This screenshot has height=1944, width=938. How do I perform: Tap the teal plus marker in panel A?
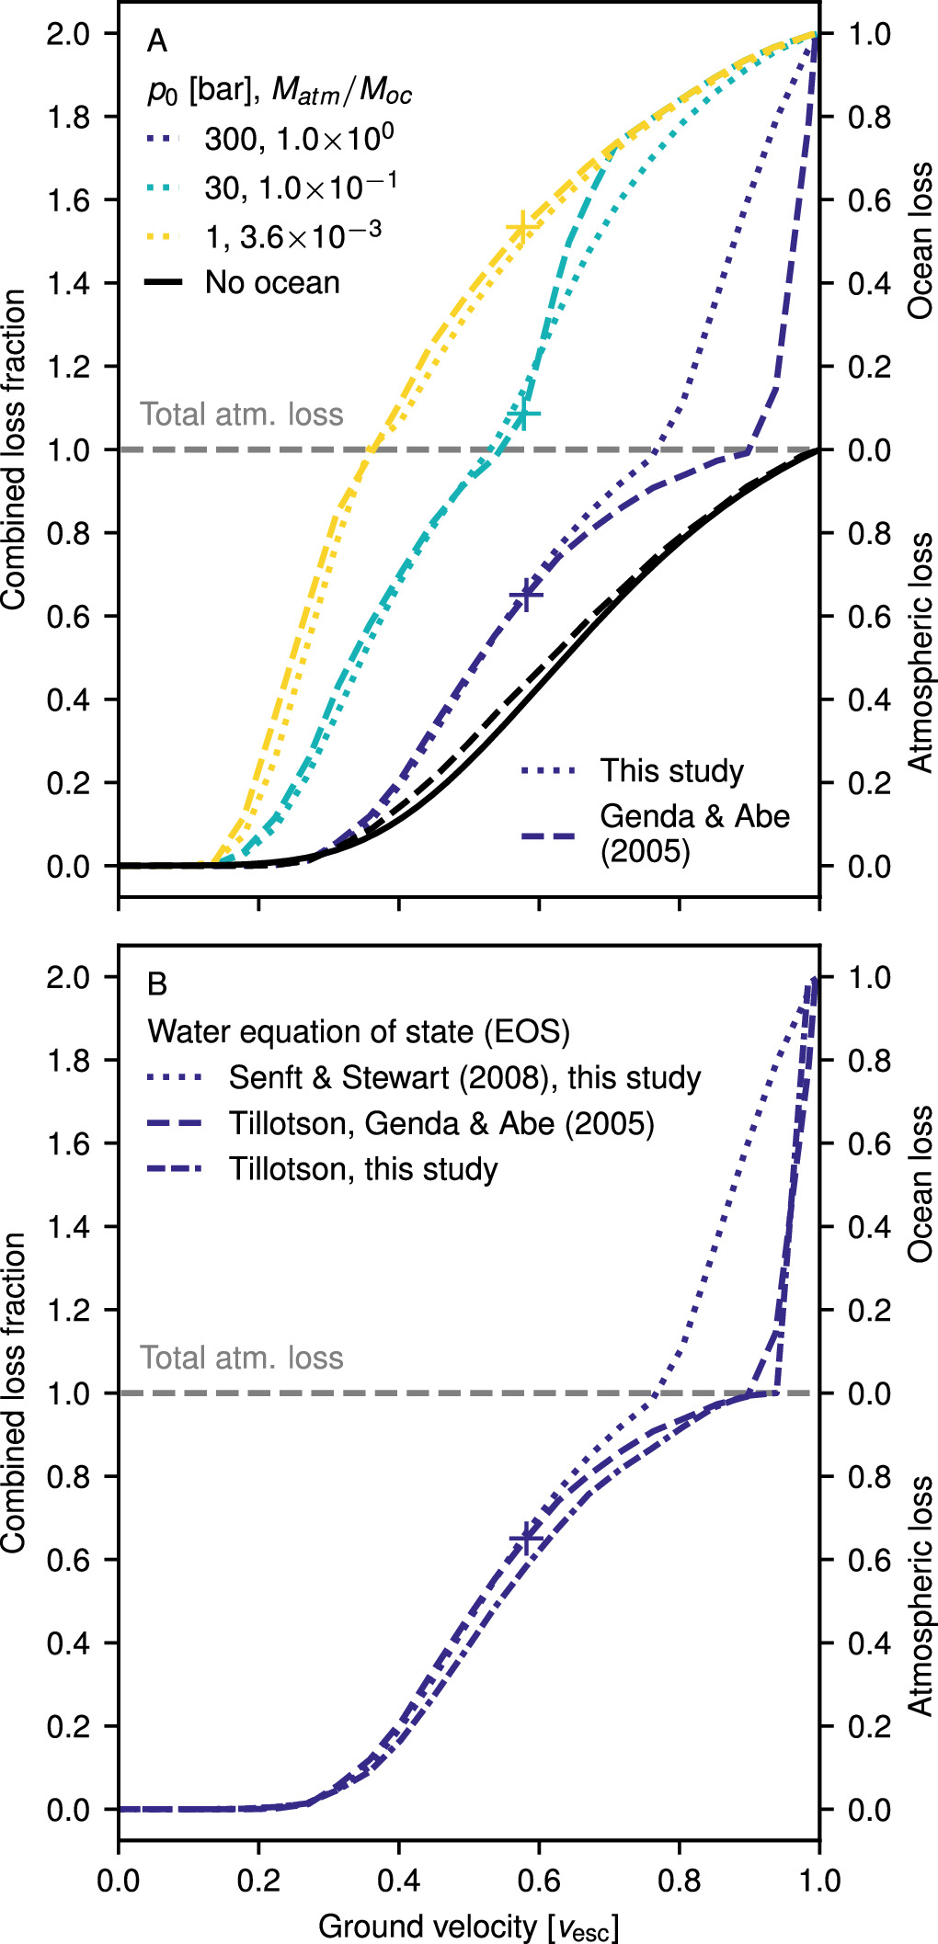click(524, 415)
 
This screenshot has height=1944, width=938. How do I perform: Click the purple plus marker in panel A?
click(526, 596)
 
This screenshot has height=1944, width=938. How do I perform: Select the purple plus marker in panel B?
click(526, 1538)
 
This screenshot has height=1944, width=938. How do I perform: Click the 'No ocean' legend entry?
click(271, 282)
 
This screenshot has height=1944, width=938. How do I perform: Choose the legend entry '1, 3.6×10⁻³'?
click(292, 236)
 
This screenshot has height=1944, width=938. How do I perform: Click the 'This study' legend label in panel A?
click(671, 770)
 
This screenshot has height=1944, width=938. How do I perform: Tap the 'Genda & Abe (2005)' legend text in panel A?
click(694, 833)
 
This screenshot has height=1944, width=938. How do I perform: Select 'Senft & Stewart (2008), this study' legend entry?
click(463, 1077)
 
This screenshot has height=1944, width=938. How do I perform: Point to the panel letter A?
click(157, 41)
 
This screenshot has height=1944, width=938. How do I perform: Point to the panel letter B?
click(157, 984)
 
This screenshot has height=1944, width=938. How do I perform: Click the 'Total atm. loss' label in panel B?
click(241, 1358)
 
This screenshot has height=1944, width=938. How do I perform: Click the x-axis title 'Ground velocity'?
click(467, 1926)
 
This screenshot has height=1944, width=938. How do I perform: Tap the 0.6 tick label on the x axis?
click(538, 1880)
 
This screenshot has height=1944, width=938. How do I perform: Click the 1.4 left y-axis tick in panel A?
click(68, 283)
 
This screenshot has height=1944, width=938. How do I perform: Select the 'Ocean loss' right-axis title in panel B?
click(920, 1184)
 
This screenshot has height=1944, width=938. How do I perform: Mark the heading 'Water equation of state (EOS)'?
click(359, 1031)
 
